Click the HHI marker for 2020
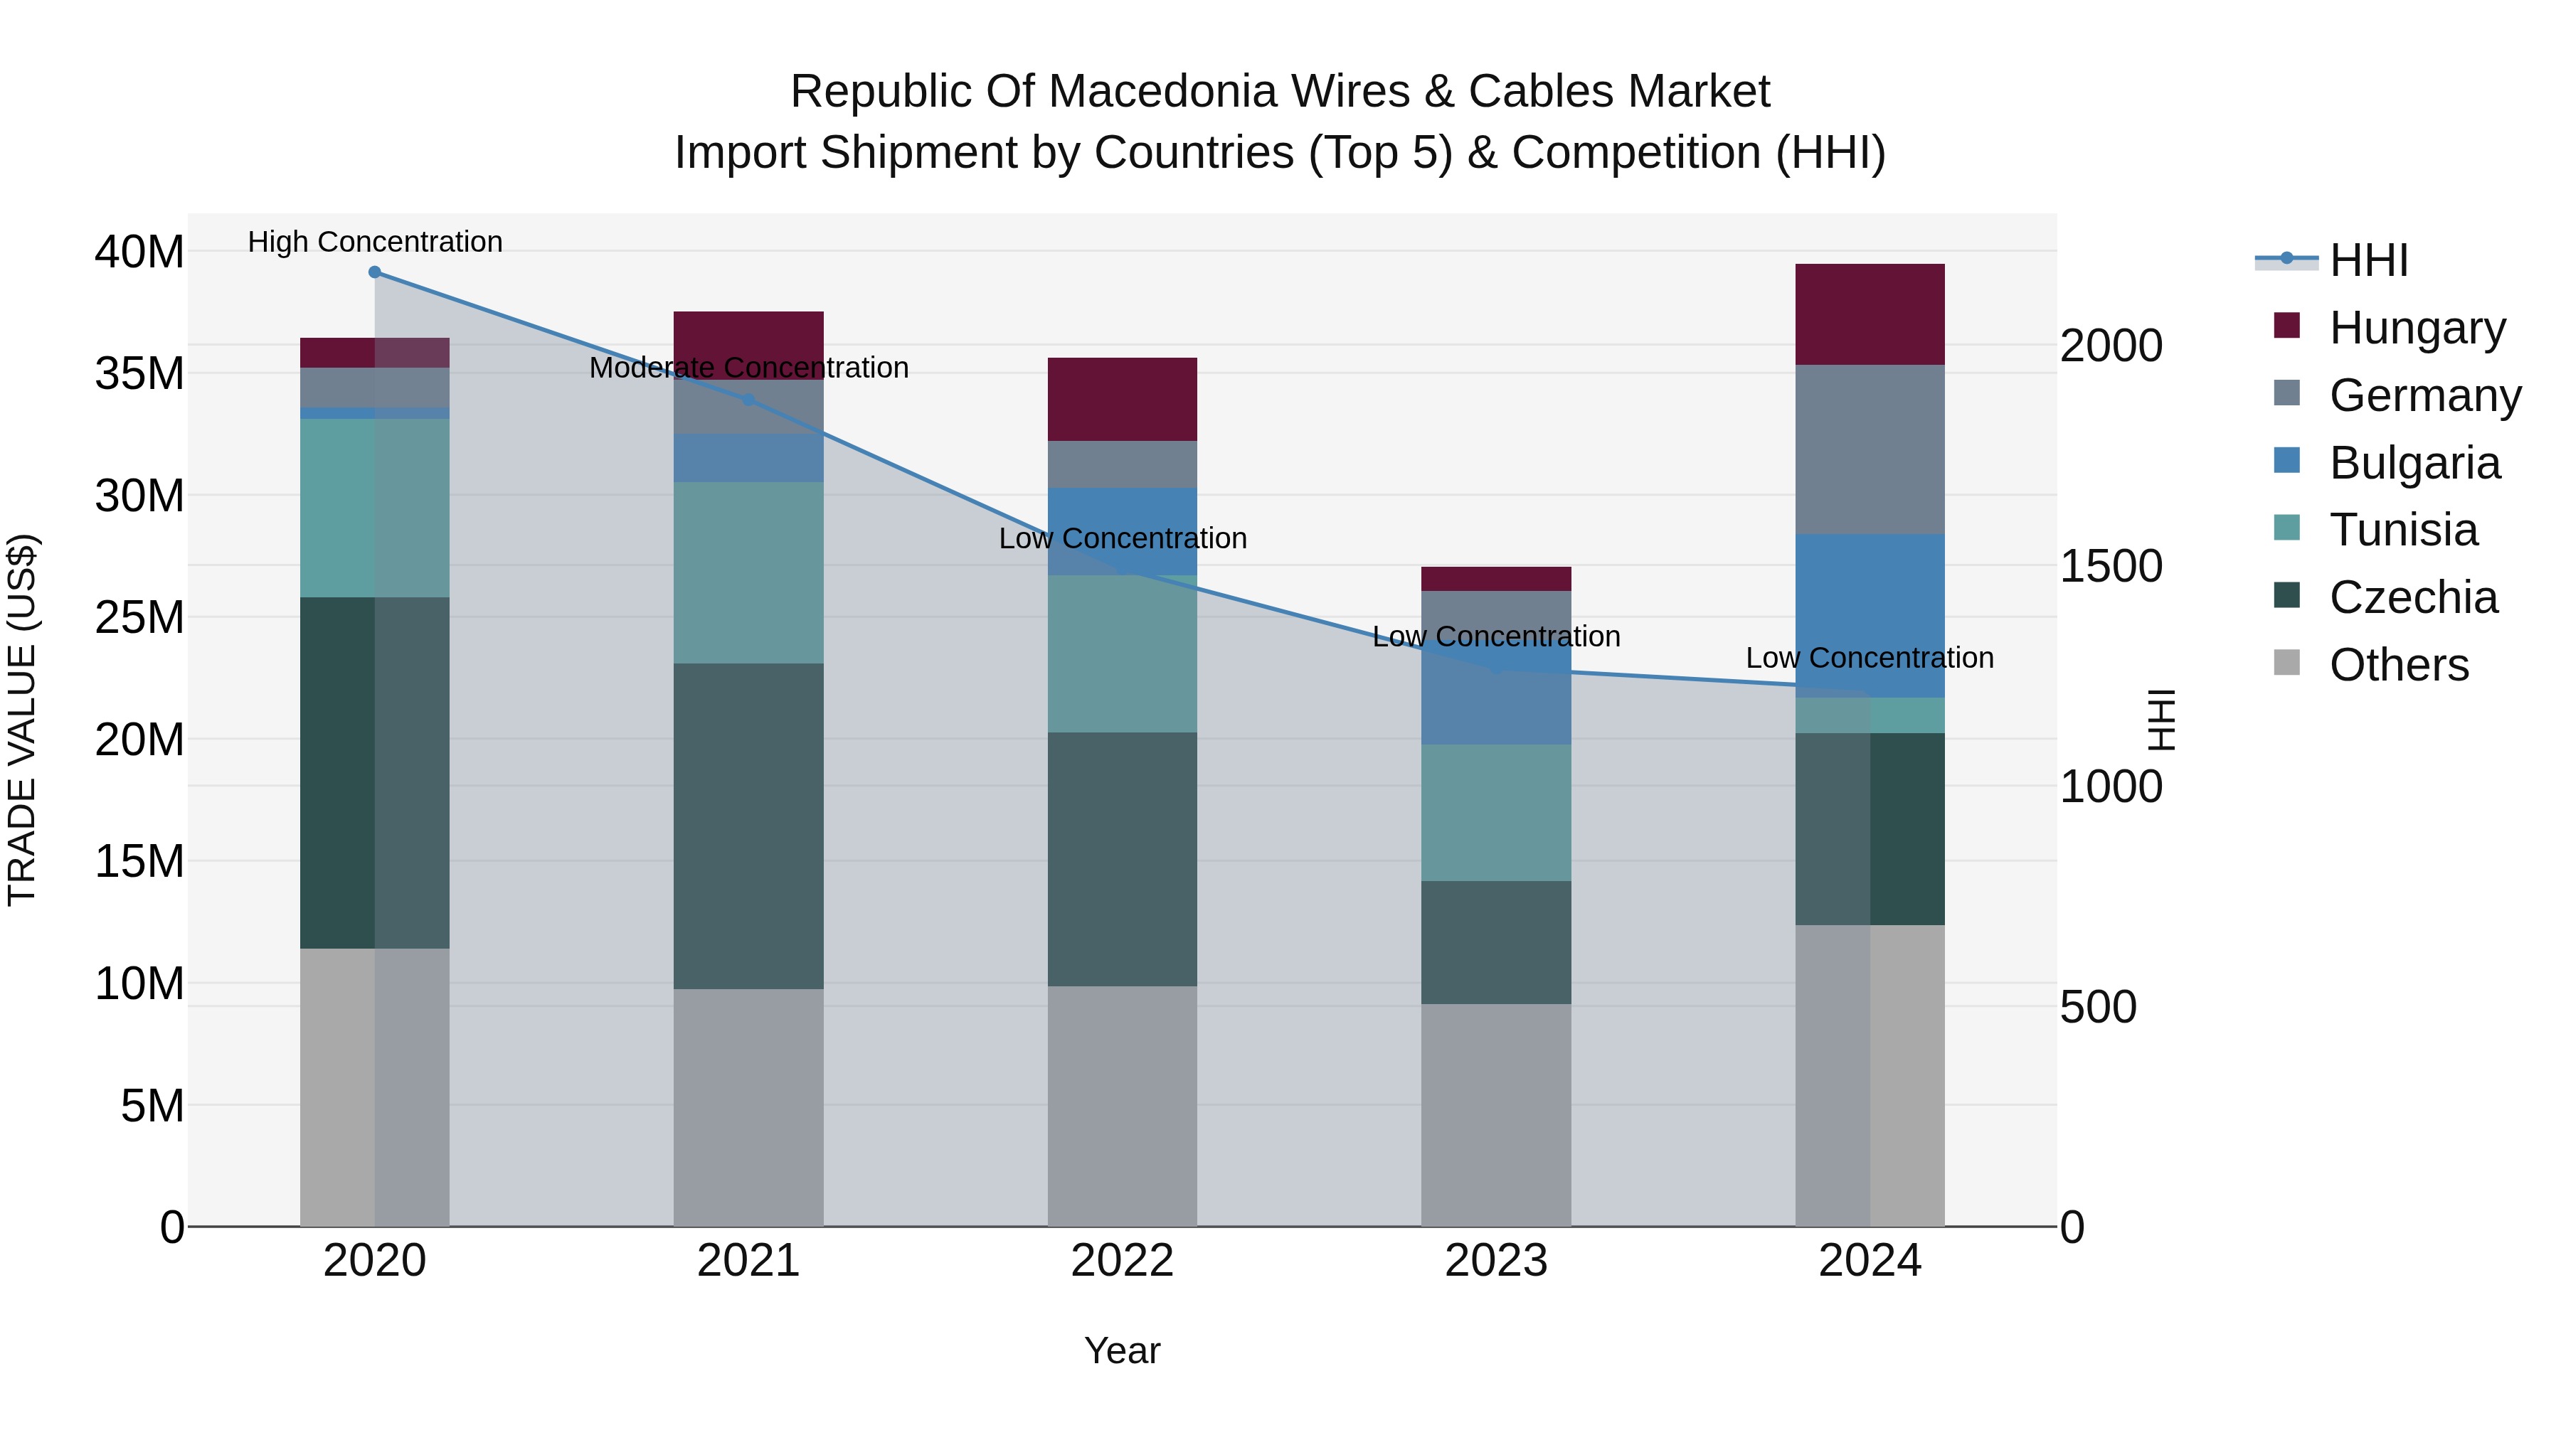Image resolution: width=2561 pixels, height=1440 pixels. pos(375,272)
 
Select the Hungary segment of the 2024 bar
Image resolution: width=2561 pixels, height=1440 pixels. pos(1869,314)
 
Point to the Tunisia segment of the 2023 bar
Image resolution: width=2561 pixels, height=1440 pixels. pos(1495,812)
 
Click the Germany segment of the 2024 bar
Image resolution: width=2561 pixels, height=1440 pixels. pos(1869,449)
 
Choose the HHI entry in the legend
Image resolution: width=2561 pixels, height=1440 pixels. pos(2367,260)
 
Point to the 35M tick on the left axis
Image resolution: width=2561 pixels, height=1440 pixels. pos(139,373)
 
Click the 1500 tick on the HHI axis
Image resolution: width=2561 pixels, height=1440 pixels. pos(2111,567)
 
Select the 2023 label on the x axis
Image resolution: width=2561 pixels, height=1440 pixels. pos(1495,1261)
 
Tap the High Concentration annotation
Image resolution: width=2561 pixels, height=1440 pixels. pos(375,242)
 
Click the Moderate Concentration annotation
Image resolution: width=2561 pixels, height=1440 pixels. pos(748,368)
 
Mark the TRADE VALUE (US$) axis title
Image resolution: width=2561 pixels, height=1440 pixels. pos(23,720)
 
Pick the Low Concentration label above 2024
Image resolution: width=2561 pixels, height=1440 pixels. pos(1869,658)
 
